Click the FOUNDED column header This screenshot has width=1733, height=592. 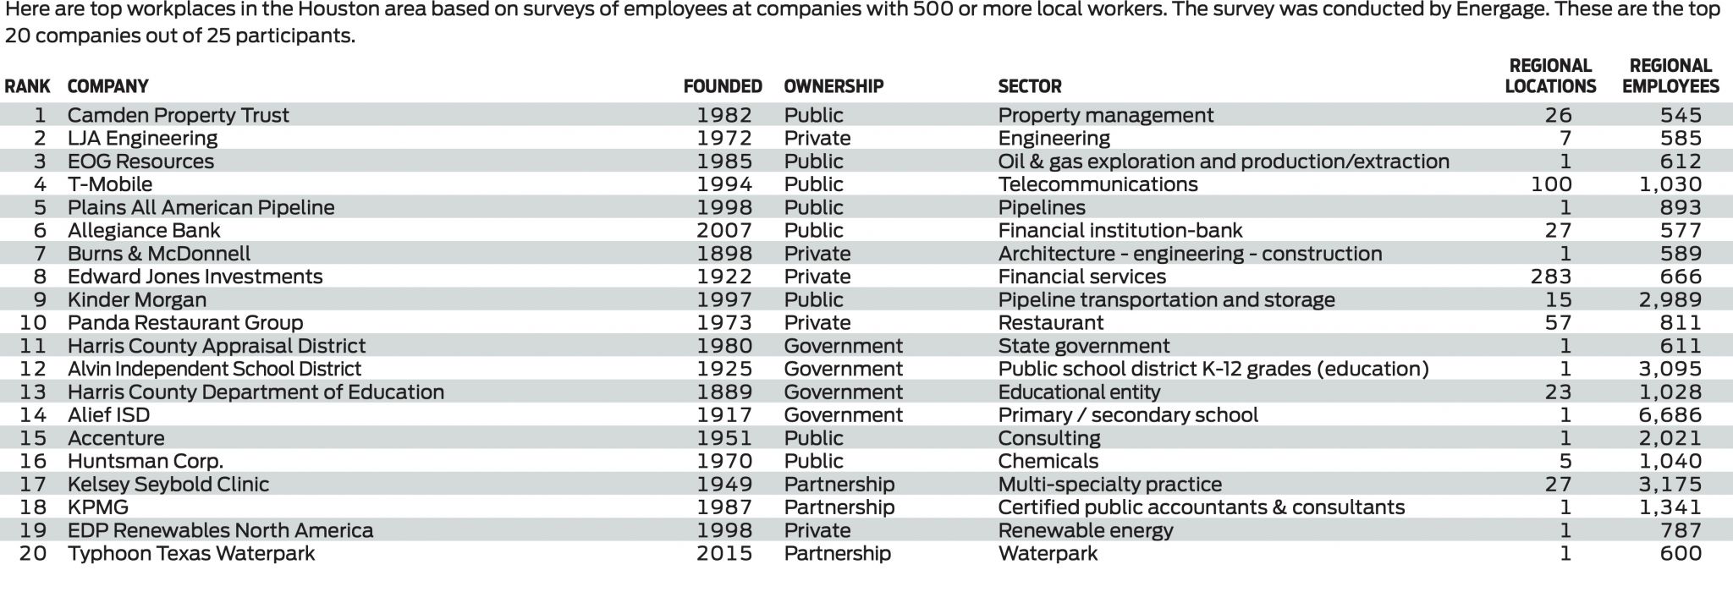click(723, 86)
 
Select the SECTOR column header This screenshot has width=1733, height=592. click(1030, 86)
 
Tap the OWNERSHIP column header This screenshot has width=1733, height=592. click(833, 86)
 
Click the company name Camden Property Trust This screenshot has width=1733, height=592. click(178, 115)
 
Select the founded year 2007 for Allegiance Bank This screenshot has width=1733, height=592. click(724, 230)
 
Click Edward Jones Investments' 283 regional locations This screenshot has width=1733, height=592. click(1551, 277)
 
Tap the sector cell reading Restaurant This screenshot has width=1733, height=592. click(1051, 322)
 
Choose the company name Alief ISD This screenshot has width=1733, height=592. click(108, 415)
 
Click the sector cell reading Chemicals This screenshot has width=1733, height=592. click(1048, 461)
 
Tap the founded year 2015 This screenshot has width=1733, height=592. click(724, 553)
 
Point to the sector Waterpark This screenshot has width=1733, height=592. click(1048, 553)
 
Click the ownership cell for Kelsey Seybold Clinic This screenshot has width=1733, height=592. click(839, 485)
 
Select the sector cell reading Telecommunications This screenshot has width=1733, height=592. click(1098, 184)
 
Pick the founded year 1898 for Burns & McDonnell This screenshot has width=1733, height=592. click(724, 254)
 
